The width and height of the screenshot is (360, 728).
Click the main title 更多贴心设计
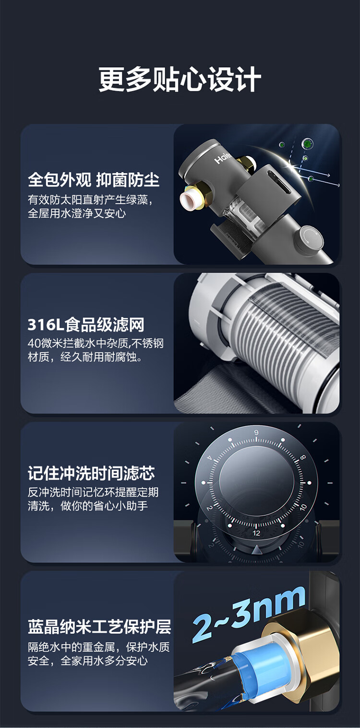pos(180,80)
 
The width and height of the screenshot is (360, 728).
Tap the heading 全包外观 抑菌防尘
pos(94,180)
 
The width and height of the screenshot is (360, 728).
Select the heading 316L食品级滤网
pos(86,325)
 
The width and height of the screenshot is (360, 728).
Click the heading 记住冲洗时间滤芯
pos(91,473)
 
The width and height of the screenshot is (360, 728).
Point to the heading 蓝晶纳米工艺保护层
pos(99,627)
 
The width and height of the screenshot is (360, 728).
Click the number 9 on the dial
pos(256,432)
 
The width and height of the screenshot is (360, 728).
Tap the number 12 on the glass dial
pos(256,533)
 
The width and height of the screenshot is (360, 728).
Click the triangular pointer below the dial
pos(258,550)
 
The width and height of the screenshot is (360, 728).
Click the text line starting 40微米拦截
pos(96,343)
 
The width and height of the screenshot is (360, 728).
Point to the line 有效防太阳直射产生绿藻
pos(90,200)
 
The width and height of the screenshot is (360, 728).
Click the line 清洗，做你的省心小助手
pos(88,506)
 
